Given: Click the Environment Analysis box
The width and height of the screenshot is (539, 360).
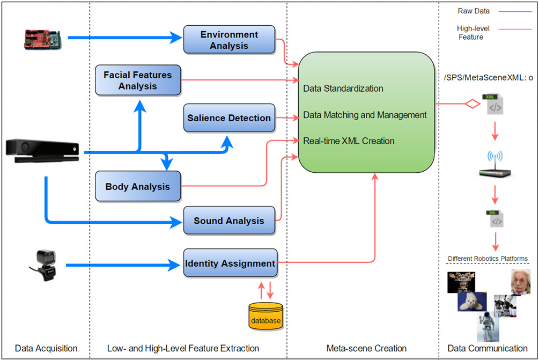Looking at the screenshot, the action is click(x=230, y=40).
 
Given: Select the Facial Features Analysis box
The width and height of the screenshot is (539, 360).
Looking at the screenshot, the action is click(x=138, y=80).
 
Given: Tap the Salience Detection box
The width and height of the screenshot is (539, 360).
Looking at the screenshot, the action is click(x=230, y=118).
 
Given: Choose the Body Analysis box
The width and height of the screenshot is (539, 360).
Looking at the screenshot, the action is click(x=138, y=186).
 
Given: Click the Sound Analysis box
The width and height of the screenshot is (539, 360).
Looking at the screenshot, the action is click(x=230, y=221).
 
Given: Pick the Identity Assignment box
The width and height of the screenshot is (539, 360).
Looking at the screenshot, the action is click(x=230, y=263).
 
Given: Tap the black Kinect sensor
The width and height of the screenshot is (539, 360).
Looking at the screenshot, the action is click(x=42, y=151).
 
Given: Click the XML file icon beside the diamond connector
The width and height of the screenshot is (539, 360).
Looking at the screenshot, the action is click(x=493, y=104).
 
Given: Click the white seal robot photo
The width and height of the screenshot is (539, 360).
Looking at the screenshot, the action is click(x=472, y=302).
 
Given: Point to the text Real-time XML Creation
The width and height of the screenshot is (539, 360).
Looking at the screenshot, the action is click(x=349, y=141).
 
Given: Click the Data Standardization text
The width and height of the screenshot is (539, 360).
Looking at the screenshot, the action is click(x=343, y=89).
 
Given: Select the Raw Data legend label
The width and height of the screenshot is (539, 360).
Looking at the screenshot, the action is click(x=474, y=11).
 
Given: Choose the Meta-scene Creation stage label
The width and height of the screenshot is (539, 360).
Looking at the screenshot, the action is click(x=366, y=348).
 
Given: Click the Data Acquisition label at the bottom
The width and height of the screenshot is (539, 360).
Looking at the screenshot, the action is click(x=46, y=348).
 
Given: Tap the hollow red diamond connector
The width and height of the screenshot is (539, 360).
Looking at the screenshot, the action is click(x=473, y=104).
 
